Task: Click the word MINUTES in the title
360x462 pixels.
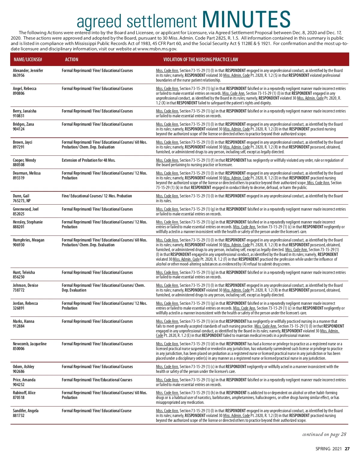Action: (246, 20)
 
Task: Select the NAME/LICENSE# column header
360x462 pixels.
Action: (28, 59)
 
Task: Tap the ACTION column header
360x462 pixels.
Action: (71, 59)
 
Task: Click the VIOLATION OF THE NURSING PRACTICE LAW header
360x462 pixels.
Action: (201, 59)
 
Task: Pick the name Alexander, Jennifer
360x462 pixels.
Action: (28, 70)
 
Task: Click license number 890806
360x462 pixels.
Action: (19, 93)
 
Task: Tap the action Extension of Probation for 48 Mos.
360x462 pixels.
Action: (88, 160)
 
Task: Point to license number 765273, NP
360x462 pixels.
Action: (22, 201)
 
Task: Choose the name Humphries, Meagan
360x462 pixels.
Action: (28, 240)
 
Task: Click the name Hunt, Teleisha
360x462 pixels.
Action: (24, 272)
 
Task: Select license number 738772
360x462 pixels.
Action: (19, 290)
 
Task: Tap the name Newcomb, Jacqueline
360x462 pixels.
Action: (30, 344)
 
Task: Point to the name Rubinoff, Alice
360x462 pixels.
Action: (24, 393)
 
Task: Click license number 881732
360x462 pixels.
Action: (19, 415)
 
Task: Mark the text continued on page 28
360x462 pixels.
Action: (324, 434)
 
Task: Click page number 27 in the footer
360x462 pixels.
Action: (347, 449)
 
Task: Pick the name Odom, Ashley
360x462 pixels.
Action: (23, 367)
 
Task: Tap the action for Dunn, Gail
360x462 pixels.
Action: (97, 196)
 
